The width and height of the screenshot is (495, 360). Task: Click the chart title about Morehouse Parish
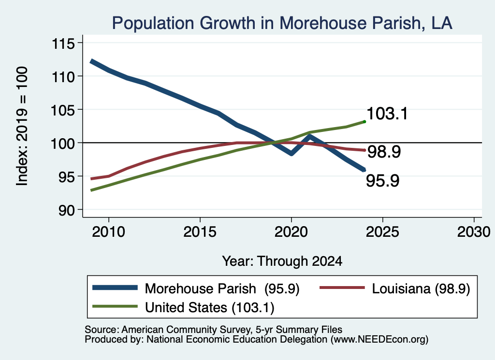tap(282, 23)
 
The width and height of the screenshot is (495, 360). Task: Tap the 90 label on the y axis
tap(66, 210)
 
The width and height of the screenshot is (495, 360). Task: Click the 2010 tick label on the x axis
tap(109, 232)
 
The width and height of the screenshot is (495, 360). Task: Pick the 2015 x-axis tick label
tap(200, 232)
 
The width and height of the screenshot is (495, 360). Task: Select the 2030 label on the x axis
tap(474, 232)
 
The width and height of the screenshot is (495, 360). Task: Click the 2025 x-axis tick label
tap(382, 232)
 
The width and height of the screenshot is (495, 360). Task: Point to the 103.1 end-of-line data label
tap(387, 114)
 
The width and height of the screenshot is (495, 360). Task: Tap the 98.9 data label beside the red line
tap(384, 152)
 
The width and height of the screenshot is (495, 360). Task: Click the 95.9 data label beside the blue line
tap(383, 181)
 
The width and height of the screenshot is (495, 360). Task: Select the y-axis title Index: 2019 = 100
tap(22, 126)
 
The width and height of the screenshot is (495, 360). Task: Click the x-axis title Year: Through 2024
tap(282, 261)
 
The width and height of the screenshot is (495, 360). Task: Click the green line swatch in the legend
tap(115, 306)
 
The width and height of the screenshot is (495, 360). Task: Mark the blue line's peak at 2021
tap(309, 136)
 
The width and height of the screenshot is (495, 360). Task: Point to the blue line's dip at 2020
tap(291, 154)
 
